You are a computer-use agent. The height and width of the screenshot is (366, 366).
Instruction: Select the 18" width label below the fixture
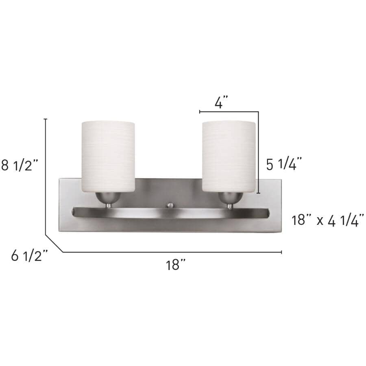175,265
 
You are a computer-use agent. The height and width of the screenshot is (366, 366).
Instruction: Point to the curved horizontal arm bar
171,214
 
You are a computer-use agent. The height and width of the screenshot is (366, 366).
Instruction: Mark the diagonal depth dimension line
54,243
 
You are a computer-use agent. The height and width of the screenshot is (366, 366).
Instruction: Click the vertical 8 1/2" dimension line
46,175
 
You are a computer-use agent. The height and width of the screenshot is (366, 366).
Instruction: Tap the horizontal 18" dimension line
171,252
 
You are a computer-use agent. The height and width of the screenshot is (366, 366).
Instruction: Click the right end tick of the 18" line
282,252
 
